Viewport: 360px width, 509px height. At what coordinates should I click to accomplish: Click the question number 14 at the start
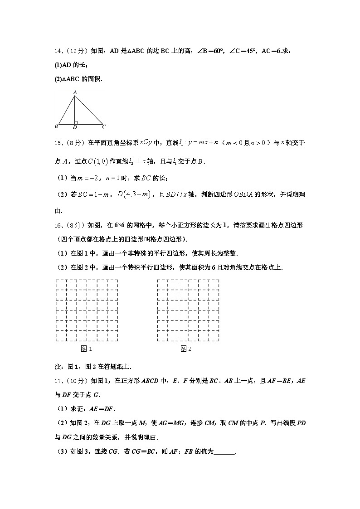pyautogui.click(x=57, y=51)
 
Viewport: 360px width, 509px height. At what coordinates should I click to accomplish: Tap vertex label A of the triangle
pyautogui.click(x=74, y=92)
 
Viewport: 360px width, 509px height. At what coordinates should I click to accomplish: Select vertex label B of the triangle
pyautogui.click(x=55, y=126)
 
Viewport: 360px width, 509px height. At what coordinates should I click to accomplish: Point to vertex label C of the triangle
pyautogui.click(x=104, y=126)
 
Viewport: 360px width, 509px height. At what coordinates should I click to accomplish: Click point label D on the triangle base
pyautogui.click(x=74, y=127)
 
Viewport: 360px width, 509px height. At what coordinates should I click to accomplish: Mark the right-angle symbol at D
pyautogui.click(x=76, y=122)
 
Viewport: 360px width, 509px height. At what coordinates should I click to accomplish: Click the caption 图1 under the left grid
pyautogui.click(x=86, y=349)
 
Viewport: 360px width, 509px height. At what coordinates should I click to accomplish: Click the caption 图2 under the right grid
pyautogui.click(x=186, y=349)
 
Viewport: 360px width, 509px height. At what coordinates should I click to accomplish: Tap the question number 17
pyautogui.click(x=57, y=381)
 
